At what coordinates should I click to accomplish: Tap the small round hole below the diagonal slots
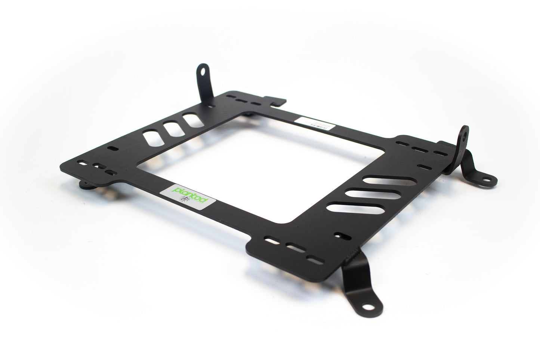point(341,236)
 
